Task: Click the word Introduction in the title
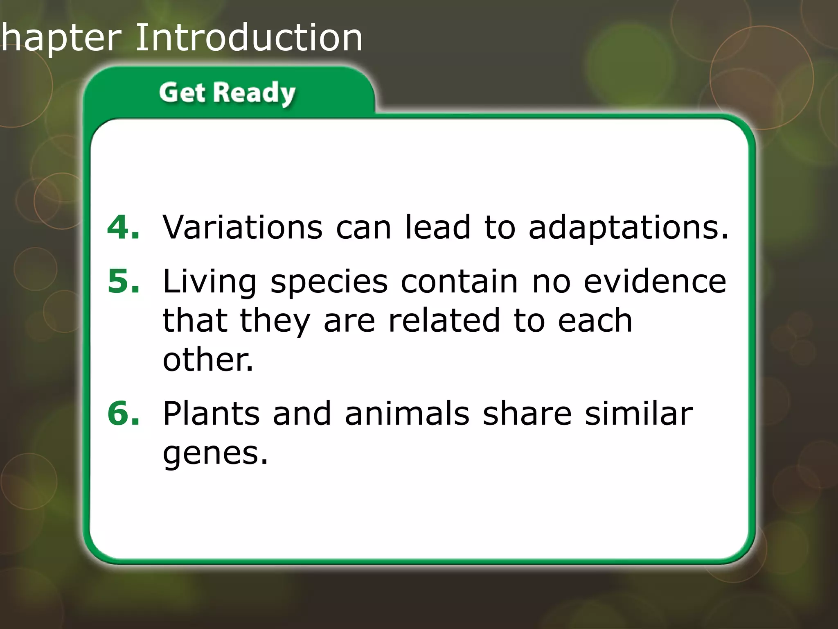[249, 38]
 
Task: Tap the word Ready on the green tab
[254, 93]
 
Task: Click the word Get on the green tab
[182, 93]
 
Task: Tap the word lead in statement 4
[437, 227]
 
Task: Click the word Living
[209, 283]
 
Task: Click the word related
[444, 321]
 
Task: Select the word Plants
[211, 413]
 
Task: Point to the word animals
[407, 413]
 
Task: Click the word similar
[638, 413]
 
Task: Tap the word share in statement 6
[527, 413]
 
